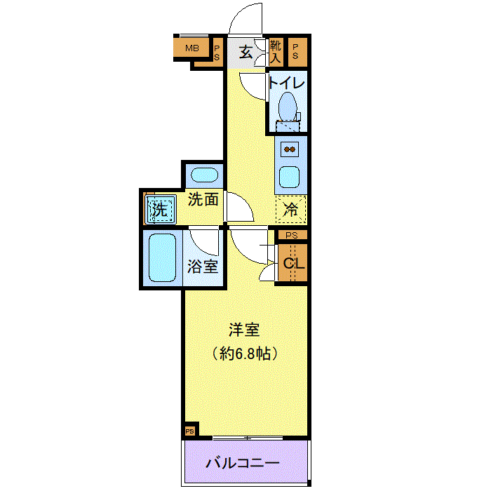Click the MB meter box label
pyautogui.click(x=192, y=48)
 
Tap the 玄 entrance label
pyautogui.click(x=245, y=52)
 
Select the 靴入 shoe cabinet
pyautogui.click(x=276, y=53)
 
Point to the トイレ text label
pyautogui.click(x=286, y=83)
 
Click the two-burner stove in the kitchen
pyautogui.click(x=290, y=149)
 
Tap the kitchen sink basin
pyautogui.click(x=289, y=177)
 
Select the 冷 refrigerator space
pyautogui.click(x=290, y=209)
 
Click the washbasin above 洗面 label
pyautogui.click(x=205, y=175)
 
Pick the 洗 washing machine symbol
pyautogui.click(x=160, y=209)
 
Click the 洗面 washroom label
pyautogui.click(x=203, y=199)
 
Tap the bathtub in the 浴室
pyautogui.click(x=162, y=257)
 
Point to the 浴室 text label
pyautogui.click(x=203, y=267)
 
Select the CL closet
pyautogui.click(x=292, y=263)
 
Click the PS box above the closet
pyautogui.click(x=292, y=235)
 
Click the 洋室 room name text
pyautogui.click(x=244, y=330)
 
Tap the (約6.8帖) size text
pyautogui.click(x=245, y=354)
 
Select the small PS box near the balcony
pyautogui.click(x=190, y=431)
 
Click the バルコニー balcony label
pyautogui.click(x=243, y=463)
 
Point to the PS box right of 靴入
pyautogui.click(x=295, y=51)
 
